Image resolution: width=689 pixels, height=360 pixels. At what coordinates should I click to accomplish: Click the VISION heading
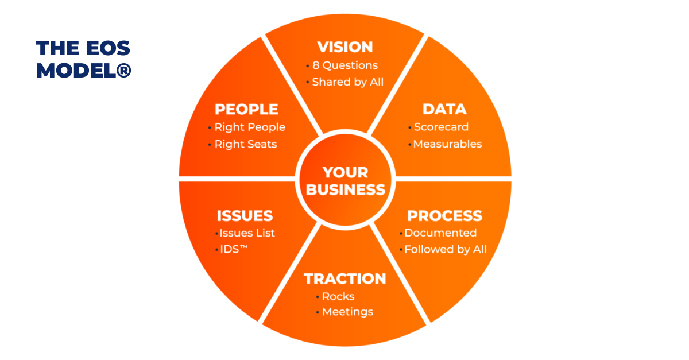[345, 47]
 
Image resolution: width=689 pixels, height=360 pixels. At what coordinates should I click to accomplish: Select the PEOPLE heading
[246, 109]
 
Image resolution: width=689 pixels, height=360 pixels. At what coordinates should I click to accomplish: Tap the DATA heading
[444, 109]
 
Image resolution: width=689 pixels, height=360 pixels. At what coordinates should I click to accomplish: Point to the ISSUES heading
[245, 216]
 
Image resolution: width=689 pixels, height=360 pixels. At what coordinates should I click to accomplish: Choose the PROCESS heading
[444, 216]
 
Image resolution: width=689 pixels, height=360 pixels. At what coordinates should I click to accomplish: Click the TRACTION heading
[345, 279]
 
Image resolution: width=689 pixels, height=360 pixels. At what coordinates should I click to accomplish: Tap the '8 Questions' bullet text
[345, 65]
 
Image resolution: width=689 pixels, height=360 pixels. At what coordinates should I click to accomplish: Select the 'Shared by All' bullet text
[347, 82]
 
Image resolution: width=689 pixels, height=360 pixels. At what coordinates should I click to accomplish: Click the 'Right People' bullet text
[250, 127]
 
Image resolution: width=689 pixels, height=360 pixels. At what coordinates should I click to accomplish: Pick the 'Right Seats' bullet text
[246, 144]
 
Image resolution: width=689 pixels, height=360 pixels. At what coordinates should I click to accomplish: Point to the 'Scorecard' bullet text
[441, 127]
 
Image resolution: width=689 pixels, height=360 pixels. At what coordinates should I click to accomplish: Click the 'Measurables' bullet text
[447, 144]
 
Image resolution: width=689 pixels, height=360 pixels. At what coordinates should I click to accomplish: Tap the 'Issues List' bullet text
[247, 233]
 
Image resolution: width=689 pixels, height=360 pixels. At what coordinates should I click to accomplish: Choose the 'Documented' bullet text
[440, 233]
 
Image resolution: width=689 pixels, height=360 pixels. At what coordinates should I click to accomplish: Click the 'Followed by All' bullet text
[445, 250]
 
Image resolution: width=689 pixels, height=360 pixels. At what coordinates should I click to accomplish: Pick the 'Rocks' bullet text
[338, 296]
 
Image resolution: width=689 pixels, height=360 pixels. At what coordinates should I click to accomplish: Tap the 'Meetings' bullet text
[347, 312]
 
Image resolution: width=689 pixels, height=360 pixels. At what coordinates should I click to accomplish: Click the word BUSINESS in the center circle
[345, 190]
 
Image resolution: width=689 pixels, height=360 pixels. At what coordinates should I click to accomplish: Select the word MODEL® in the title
[84, 70]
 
